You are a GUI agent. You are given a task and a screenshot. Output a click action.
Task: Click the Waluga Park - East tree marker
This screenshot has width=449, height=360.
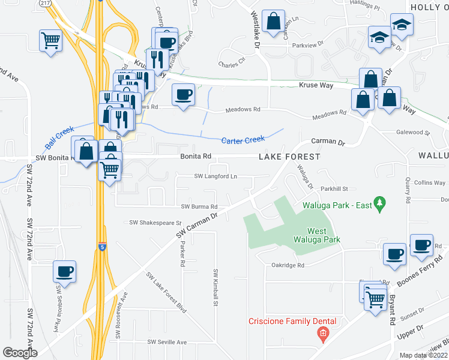(379, 204)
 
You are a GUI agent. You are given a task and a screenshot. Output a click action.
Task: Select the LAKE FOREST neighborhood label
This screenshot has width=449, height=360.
(289, 157)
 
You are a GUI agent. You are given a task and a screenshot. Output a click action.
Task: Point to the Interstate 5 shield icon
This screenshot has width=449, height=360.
(101, 247)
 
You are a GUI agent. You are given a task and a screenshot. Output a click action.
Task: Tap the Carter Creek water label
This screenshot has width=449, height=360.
(243, 140)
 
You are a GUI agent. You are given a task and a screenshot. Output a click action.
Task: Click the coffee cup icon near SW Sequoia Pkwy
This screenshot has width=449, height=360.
(64, 271)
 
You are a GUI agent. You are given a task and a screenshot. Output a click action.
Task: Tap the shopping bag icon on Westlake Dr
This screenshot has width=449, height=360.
(274, 22)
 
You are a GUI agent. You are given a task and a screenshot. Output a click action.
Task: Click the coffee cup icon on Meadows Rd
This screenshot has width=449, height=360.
(184, 94)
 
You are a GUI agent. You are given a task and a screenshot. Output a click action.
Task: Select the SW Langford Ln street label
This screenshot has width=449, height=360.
(215, 176)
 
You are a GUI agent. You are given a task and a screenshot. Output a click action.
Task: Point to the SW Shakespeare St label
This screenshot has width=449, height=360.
(155, 222)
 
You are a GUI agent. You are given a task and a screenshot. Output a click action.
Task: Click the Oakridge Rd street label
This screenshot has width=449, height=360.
(288, 265)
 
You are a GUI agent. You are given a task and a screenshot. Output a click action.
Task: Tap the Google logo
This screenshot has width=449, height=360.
(19, 353)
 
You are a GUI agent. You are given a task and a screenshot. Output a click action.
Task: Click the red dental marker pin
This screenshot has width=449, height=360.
(323, 334)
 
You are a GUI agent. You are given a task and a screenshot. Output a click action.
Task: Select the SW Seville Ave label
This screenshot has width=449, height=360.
(167, 342)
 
